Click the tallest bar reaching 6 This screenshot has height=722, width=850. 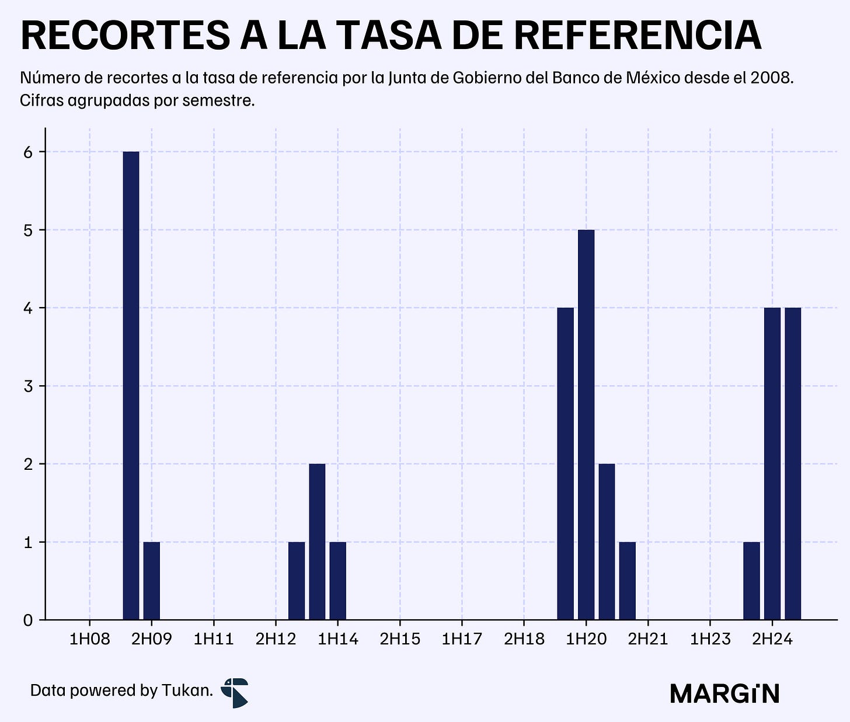point(131,385)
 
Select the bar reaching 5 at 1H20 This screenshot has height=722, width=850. point(586,424)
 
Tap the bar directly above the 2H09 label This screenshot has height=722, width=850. point(152,581)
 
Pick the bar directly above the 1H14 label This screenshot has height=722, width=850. point(337,581)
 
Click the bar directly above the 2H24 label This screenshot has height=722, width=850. point(772,463)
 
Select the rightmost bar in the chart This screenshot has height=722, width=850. point(793,463)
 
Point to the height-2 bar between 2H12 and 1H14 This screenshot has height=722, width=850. point(317,542)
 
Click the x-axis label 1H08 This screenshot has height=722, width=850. point(90,639)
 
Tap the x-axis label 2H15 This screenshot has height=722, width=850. point(400,639)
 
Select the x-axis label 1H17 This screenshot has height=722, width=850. point(462,639)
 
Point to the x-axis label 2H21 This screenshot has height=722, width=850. point(648,639)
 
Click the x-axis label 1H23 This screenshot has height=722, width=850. point(710,639)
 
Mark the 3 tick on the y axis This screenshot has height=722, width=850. point(28,386)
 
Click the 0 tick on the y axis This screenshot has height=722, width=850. point(28,620)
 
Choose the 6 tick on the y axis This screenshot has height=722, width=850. point(28,152)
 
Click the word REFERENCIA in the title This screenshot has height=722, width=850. point(638,36)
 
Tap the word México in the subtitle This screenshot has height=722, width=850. point(653,77)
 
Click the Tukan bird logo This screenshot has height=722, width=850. point(235,693)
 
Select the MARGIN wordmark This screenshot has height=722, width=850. point(724,693)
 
